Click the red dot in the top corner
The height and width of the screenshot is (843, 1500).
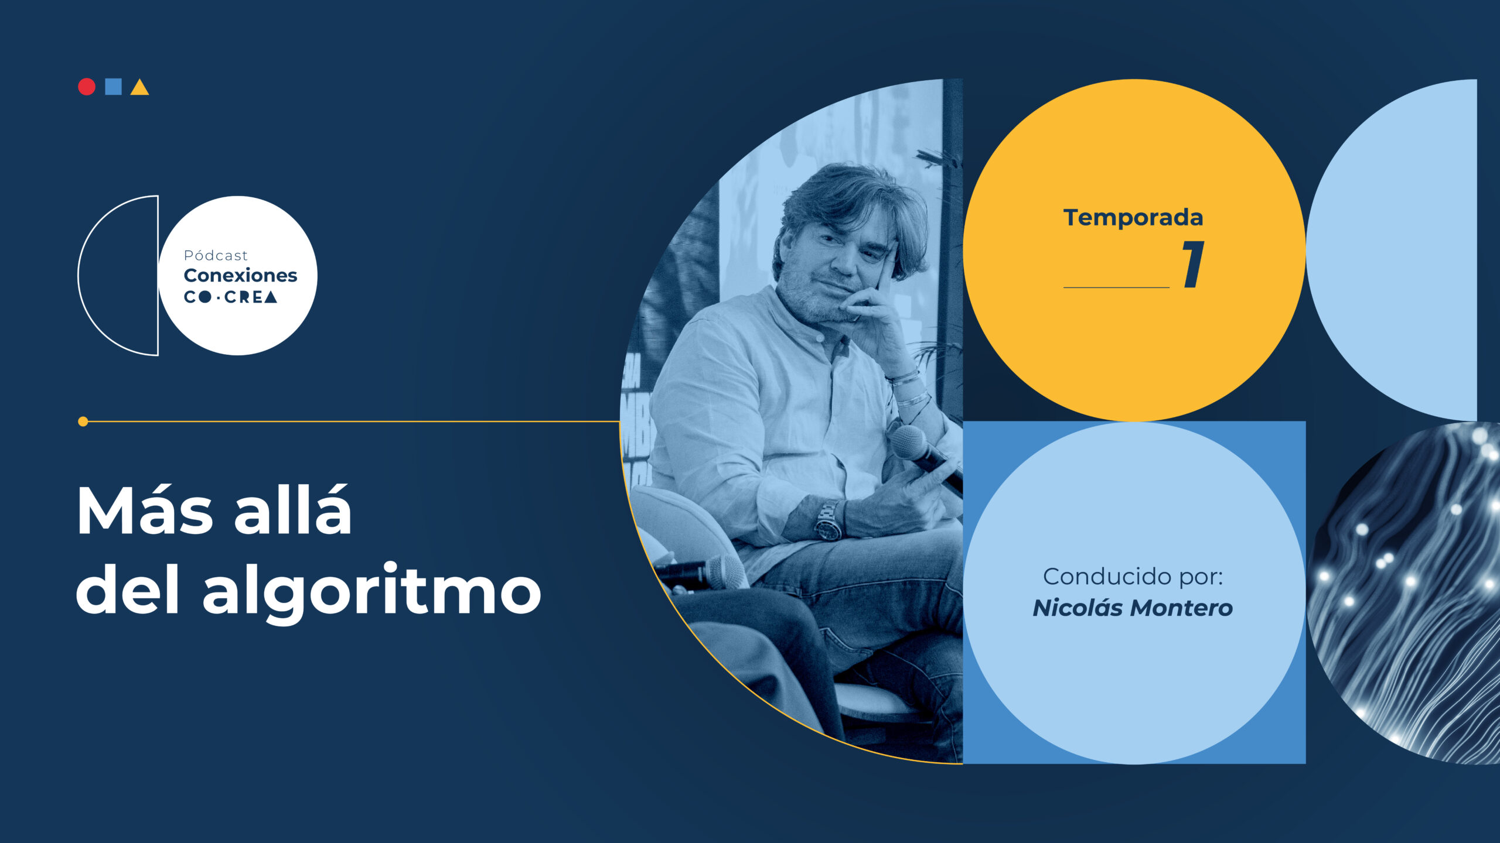[x=87, y=87]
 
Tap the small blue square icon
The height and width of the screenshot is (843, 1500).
[x=113, y=87]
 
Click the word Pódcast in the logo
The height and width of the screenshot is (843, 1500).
[x=216, y=255]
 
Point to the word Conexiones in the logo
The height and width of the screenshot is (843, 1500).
[x=240, y=275]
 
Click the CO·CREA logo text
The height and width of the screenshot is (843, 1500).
[x=230, y=297]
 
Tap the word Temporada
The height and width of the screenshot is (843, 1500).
[x=1133, y=218]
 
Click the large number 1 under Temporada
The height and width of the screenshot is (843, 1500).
[x=1194, y=265]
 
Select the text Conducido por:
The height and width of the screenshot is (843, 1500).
[x=1133, y=577]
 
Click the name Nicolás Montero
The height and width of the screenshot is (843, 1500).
[x=1133, y=608]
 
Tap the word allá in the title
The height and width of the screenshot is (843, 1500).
[x=293, y=510]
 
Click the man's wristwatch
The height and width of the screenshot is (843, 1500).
[x=829, y=520]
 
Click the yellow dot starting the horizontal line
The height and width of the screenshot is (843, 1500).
[x=83, y=421]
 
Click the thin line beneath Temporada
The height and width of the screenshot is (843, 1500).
[x=1116, y=287]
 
